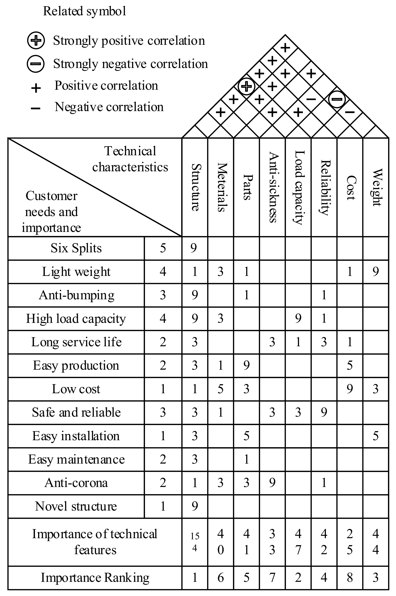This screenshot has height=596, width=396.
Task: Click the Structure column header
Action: (x=195, y=187)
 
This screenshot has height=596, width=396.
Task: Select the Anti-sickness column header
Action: (x=273, y=187)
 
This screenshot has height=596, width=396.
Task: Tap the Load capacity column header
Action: (x=298, y=187)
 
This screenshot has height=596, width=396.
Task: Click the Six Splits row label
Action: (x=76, y=248)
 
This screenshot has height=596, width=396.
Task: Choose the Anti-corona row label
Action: (x=76, y=483)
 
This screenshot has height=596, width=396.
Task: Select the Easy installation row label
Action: (x=76, y=436)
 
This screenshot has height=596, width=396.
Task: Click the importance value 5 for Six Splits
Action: (x=163, y=248)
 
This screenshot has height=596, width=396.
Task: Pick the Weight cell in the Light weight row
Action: (x=376, y=271)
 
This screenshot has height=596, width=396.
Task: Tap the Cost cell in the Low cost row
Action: (x=349, y=389)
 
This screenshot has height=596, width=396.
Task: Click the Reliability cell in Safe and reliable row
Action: (x=324, y=412)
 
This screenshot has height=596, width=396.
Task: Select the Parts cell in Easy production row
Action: (x=247, y=365)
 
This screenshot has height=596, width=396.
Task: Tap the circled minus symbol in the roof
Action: (x=337, y=99)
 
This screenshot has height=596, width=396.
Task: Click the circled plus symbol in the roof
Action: (x=247, y=86)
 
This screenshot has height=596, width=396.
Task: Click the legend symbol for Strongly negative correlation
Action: (x=36, y=64)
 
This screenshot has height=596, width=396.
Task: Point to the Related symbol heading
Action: (x=85, y=11)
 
